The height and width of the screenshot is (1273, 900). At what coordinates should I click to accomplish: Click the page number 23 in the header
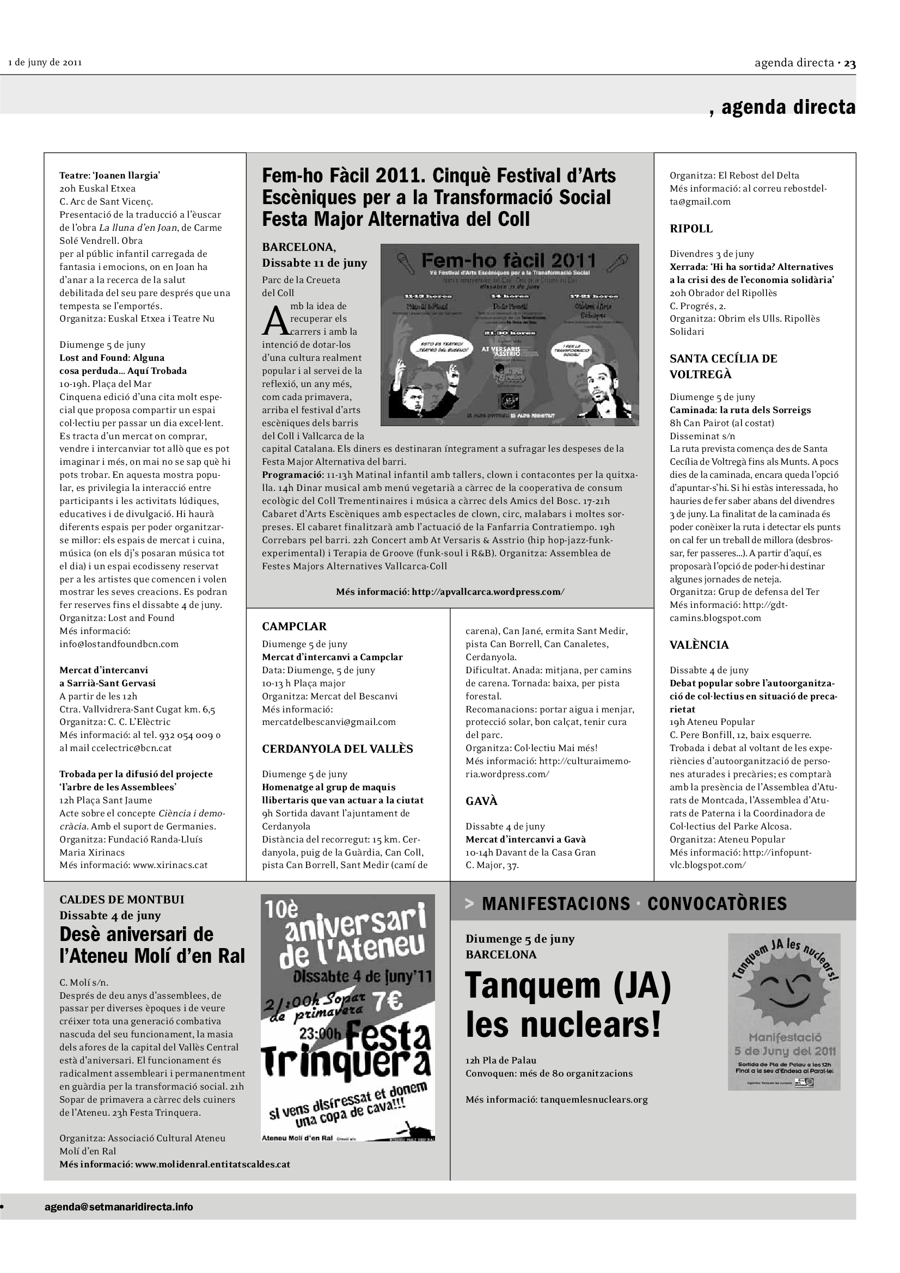tap(849, 63)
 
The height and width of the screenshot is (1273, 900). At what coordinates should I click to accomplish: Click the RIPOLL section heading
tap(691, 229)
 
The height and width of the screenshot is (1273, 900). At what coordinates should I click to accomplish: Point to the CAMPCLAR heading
tap(294, 626)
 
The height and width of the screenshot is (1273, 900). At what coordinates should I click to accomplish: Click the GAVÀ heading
tap(481, 801)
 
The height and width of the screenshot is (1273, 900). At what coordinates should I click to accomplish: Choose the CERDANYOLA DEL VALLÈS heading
tap(337, 748)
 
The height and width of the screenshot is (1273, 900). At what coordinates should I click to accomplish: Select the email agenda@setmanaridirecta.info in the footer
tap(119, 1207)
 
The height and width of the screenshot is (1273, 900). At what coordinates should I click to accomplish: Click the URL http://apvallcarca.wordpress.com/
tap(488, 592)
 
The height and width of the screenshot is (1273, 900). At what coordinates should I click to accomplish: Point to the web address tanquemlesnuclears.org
tap(593, 1099)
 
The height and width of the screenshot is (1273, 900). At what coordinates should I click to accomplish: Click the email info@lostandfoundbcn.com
tap(119, 644)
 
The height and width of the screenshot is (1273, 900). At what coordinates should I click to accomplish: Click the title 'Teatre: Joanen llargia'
tap(110, 176)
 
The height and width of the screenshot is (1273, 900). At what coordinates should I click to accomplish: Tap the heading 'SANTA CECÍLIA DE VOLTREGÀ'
tap(723, 366)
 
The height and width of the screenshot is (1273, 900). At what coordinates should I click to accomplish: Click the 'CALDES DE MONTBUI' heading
tap(121, 899)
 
